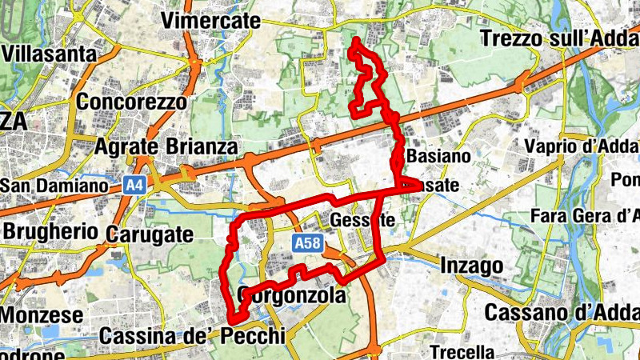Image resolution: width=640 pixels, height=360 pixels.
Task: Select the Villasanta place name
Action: point(50,54)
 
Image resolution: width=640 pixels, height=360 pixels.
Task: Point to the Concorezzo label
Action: point(132,102)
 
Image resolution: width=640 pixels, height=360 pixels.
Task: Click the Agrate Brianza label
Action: point(166,147)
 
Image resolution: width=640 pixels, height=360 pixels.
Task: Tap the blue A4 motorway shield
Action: point(135,186)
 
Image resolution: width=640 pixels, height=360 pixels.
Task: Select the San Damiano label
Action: point(54,186)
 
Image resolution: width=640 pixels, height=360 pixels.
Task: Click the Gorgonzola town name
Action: point(291,296)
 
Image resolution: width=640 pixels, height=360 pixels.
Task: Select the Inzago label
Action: point(471,265)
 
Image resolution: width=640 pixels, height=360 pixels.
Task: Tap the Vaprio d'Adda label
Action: point(582,146)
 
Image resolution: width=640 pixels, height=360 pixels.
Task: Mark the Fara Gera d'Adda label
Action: point(584,216)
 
